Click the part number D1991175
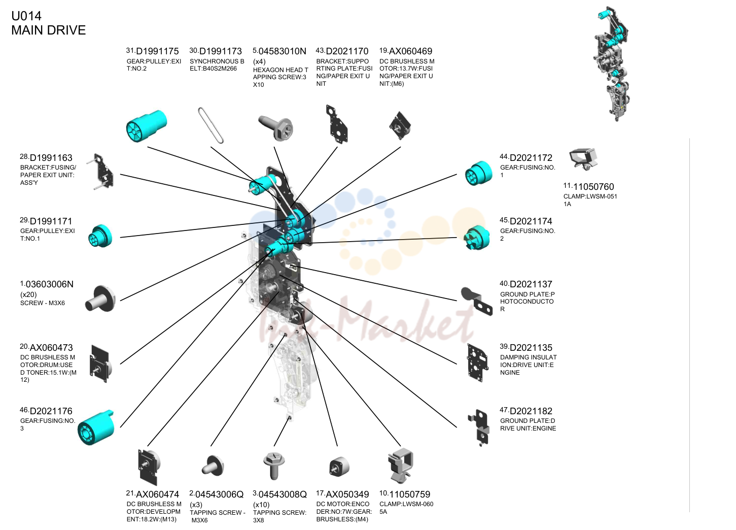pyautogui.click(x=157, y=51)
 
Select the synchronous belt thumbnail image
pyautogui.click(x=211, y=125)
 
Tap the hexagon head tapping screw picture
pyautogui.click(x=275, y=127)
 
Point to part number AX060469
pyautogui.click(x=410, y=51)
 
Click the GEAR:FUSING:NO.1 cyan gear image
pyautogui.click(x=478, y=173)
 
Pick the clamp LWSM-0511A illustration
pyautogui.click(x=583, y=159)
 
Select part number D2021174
pyautogui.click(x=531, y=221)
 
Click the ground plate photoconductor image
pyautogui.click(x=476, y=301)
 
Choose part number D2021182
pyautogui.click(x=531, y=411)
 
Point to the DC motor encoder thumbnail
pyautogui.click(x=339, y=467)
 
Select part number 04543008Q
pyautogui.click(x=283, y=494)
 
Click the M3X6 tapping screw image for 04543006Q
pyautogui.click(x=213, y=466)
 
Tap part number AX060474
pyautogui.click(x=157, y=494)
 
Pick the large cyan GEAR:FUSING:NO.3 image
pyautogui.click(x=96, y=427)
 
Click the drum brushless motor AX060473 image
pyautogui.click(x=100, y=363)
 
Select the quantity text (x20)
pyautogui.click(x=28, y=294)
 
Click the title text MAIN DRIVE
pyautogui.click(x=49, y=30)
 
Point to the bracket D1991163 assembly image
pyautogui.click(x=101, y=172)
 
